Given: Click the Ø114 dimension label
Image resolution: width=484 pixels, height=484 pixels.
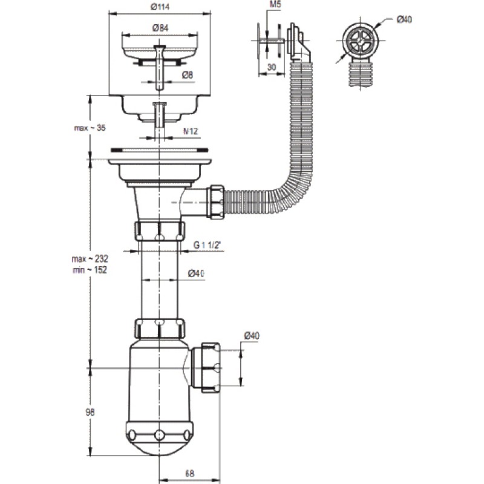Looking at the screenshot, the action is click(160, 7).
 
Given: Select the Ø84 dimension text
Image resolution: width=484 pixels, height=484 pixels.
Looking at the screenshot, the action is click(160, 28).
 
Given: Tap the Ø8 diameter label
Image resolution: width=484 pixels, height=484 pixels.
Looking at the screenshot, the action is click(188, 74).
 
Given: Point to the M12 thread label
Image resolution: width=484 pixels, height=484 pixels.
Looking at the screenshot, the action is click(191, 131).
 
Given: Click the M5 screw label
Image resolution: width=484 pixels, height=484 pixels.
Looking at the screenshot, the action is click(275, 5).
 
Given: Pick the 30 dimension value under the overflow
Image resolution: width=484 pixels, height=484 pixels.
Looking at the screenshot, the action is click(272, 67).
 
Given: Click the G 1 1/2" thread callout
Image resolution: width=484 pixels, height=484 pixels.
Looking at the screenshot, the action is click(208, 245).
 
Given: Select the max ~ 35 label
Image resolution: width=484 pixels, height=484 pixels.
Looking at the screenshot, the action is click(90, 128).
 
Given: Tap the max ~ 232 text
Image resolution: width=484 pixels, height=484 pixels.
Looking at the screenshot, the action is click(90, 259).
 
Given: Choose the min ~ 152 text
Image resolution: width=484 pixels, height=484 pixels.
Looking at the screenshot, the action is click(90, 270).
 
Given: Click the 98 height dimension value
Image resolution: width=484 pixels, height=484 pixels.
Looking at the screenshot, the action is click(90, 412).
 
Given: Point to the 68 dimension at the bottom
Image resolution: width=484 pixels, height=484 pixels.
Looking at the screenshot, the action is click(190, 474).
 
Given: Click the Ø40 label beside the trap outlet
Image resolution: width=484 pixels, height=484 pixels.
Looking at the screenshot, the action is click(252, 336).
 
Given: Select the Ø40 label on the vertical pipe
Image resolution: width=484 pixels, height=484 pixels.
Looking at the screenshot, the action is click(196, 273).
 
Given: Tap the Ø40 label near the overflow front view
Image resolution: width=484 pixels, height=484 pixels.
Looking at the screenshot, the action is click(404, 19).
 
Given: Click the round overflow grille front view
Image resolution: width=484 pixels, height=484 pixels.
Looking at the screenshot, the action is click(360, 41).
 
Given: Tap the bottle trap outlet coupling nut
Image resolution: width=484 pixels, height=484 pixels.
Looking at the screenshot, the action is click(211, 367).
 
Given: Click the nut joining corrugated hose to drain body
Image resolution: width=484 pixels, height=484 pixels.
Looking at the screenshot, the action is click(217, 202).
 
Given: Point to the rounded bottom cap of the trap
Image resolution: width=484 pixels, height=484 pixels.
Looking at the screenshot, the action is click(159, 438).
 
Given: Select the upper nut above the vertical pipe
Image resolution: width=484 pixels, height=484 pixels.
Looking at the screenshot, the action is click(160, 231).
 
